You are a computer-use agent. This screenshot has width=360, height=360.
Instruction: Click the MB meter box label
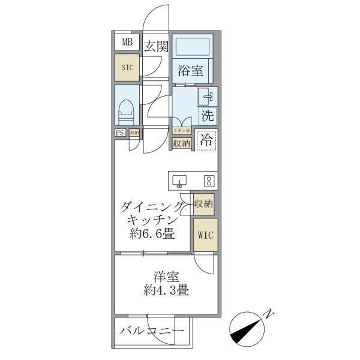tap(127, 42)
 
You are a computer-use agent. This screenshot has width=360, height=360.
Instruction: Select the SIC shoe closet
tap(127, 68)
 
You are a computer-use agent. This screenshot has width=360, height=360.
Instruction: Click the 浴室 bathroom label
tap(190, 71)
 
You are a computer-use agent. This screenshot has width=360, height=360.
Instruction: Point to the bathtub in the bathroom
tap(192, 47)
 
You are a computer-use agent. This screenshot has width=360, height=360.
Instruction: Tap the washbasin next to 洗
tap(206, 96)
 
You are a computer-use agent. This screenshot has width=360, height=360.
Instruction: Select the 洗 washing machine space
tap(207, 115)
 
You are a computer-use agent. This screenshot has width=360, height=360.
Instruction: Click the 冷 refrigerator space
tap(206, 141)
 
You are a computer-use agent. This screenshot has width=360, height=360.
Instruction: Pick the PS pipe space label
tap(120, 133)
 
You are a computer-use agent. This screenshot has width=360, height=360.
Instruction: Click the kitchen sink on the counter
tap(180, 180)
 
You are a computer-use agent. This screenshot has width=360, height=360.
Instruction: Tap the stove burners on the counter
tap(209, 180)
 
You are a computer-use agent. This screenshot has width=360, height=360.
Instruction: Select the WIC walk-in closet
tap(203, 235)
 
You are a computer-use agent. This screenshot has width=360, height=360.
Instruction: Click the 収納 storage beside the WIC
tap(203, 205)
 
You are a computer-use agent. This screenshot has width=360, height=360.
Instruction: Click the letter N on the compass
tap(269, 313)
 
